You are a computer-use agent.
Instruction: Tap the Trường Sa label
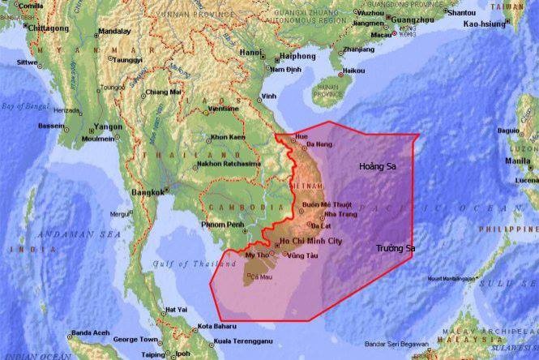pos(395,248)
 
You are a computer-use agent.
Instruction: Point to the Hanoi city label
pos(250,54)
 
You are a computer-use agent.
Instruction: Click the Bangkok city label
pos(146,192)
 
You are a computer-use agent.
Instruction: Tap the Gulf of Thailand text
pos(182,264)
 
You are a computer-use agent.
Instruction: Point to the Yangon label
pos(108,126)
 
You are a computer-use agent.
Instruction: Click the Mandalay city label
pos(113,32)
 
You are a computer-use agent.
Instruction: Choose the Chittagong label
pos(45,27)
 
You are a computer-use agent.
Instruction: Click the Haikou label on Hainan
pos(353,71)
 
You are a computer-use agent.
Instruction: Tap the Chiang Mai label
pos(165,92)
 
